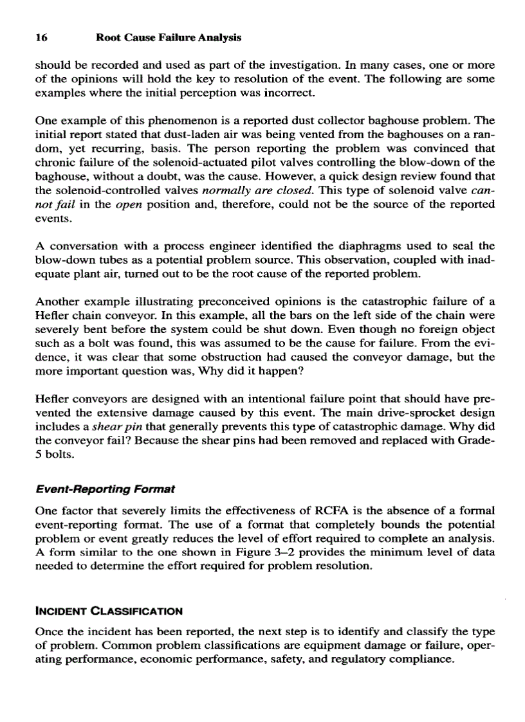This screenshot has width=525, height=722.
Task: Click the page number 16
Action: (41, 38)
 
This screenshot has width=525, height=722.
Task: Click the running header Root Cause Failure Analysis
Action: (168, 38)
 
